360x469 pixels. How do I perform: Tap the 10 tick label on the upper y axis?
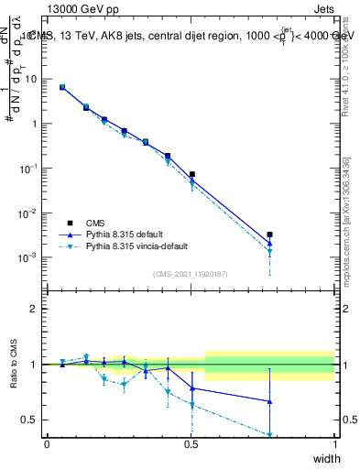(x=32, y=79)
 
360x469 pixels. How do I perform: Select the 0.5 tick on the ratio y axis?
(x=33, y=420)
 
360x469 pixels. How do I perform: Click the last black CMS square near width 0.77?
(x=269, y=235)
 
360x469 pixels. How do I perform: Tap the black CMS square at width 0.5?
(x=191, y=174)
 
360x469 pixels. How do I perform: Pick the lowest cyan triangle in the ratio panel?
(x=269, y=435)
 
